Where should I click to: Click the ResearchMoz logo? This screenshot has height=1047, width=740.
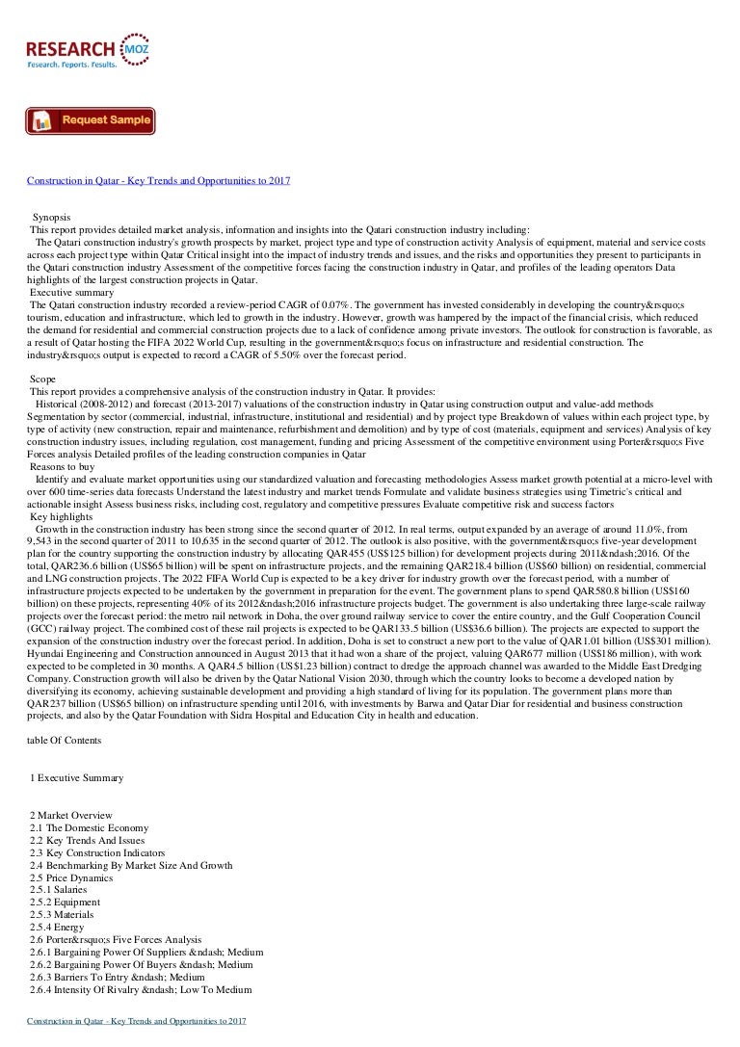tap(88, 49)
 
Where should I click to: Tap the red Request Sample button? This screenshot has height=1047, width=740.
tap(90, 120)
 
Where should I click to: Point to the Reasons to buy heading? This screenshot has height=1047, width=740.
tap(62, 466)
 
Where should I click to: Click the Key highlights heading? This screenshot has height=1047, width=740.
tap(59, 516)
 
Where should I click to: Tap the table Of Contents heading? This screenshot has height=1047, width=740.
tap(66, 740)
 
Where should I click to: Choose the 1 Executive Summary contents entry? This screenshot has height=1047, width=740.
tap(76, 777)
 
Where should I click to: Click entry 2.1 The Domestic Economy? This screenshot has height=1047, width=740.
tap(89, 828)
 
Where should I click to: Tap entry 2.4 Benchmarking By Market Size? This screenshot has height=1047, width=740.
tap(131, 865)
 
